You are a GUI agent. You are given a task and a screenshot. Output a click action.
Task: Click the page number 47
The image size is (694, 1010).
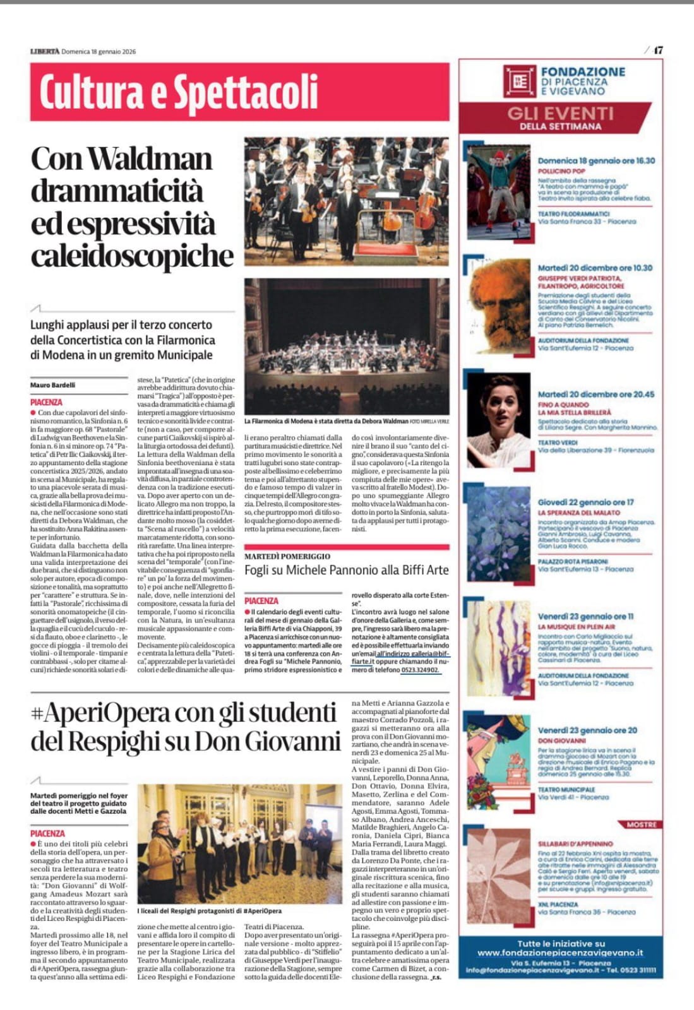point(658,50)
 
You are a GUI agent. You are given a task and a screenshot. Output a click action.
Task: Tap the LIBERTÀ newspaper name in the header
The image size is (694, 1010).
point(44,51)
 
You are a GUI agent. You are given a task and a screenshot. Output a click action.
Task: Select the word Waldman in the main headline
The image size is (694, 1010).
point(149,158)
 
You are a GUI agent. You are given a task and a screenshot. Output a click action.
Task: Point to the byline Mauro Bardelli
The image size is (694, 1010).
point(52,385)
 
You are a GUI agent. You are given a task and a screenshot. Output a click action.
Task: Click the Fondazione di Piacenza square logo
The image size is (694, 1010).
point(520,81)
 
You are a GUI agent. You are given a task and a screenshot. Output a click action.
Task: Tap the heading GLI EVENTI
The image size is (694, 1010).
point(560,114)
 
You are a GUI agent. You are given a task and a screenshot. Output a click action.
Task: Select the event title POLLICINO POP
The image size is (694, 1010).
point(561,171)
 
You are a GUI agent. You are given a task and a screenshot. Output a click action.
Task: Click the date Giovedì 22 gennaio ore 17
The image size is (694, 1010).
point(585,502)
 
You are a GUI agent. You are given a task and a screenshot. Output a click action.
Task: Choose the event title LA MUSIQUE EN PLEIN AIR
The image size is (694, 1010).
point(576,627)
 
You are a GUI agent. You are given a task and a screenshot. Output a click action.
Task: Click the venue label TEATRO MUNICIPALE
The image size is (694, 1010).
point(566,790)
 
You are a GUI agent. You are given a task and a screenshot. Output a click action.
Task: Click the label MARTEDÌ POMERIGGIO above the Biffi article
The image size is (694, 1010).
point(287,556)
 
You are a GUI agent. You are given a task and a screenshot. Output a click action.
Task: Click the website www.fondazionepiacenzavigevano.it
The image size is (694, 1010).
point(560,953)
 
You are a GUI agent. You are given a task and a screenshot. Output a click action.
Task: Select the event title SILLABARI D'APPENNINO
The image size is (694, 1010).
point(575,843)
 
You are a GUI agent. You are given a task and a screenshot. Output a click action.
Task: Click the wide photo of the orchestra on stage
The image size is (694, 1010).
point(347,346)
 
